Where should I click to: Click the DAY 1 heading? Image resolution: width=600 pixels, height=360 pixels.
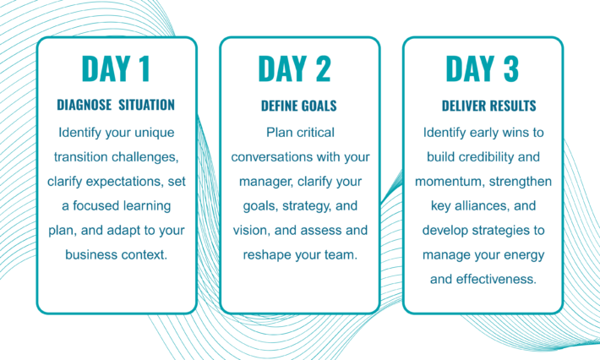[116, 68]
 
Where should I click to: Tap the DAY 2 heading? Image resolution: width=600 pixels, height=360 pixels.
[294, 68]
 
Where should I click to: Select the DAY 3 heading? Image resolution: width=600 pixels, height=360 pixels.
[483, 68]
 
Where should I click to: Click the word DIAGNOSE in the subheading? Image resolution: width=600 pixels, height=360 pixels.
[85, 105]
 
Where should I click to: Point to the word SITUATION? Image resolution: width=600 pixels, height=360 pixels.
[146, 105]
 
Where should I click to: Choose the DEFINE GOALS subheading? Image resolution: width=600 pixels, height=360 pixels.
[299, 106]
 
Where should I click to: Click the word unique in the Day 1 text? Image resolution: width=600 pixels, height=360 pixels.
[154, 134]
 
